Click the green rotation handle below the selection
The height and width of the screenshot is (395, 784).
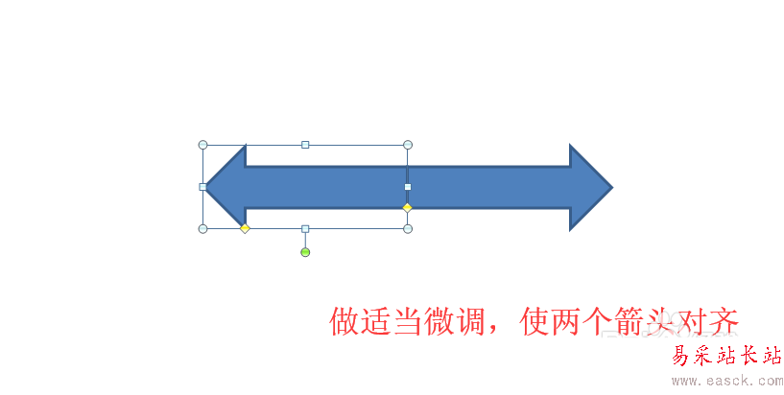click(305, 252)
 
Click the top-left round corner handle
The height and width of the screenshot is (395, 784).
click(202, 145)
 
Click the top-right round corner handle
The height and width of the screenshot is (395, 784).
click(408, 145)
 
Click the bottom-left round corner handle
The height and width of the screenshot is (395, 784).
click(202, 228)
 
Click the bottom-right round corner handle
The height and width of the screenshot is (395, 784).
click(408, 228)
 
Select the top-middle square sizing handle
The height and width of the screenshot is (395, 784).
click(305, 145)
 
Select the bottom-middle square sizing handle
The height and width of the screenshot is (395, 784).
click(305, 228)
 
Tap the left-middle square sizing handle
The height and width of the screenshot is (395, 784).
click(202, 187)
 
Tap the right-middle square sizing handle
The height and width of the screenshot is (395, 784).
click(408, 187)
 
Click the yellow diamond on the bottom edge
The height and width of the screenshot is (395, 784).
click(245, 228)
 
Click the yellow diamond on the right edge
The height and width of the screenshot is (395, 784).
click(407, 207)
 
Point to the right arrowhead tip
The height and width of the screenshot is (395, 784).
click(610, 187)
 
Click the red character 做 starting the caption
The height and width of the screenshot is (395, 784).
click(345, 321)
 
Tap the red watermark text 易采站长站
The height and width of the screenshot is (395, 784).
click(725, 357)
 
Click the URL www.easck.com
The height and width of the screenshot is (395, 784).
click(725, 381)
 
